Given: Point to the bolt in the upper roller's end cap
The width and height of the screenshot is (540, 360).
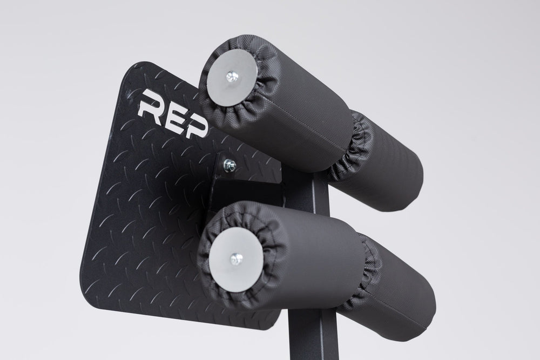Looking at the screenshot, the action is click(x=232, y=77).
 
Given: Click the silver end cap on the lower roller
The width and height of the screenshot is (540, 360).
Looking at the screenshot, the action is click(x=236, y=259).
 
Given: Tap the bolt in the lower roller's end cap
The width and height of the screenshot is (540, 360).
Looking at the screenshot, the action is click(x=237, y=259).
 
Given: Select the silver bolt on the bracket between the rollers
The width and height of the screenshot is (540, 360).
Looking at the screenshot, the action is click(x=229, y=165).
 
